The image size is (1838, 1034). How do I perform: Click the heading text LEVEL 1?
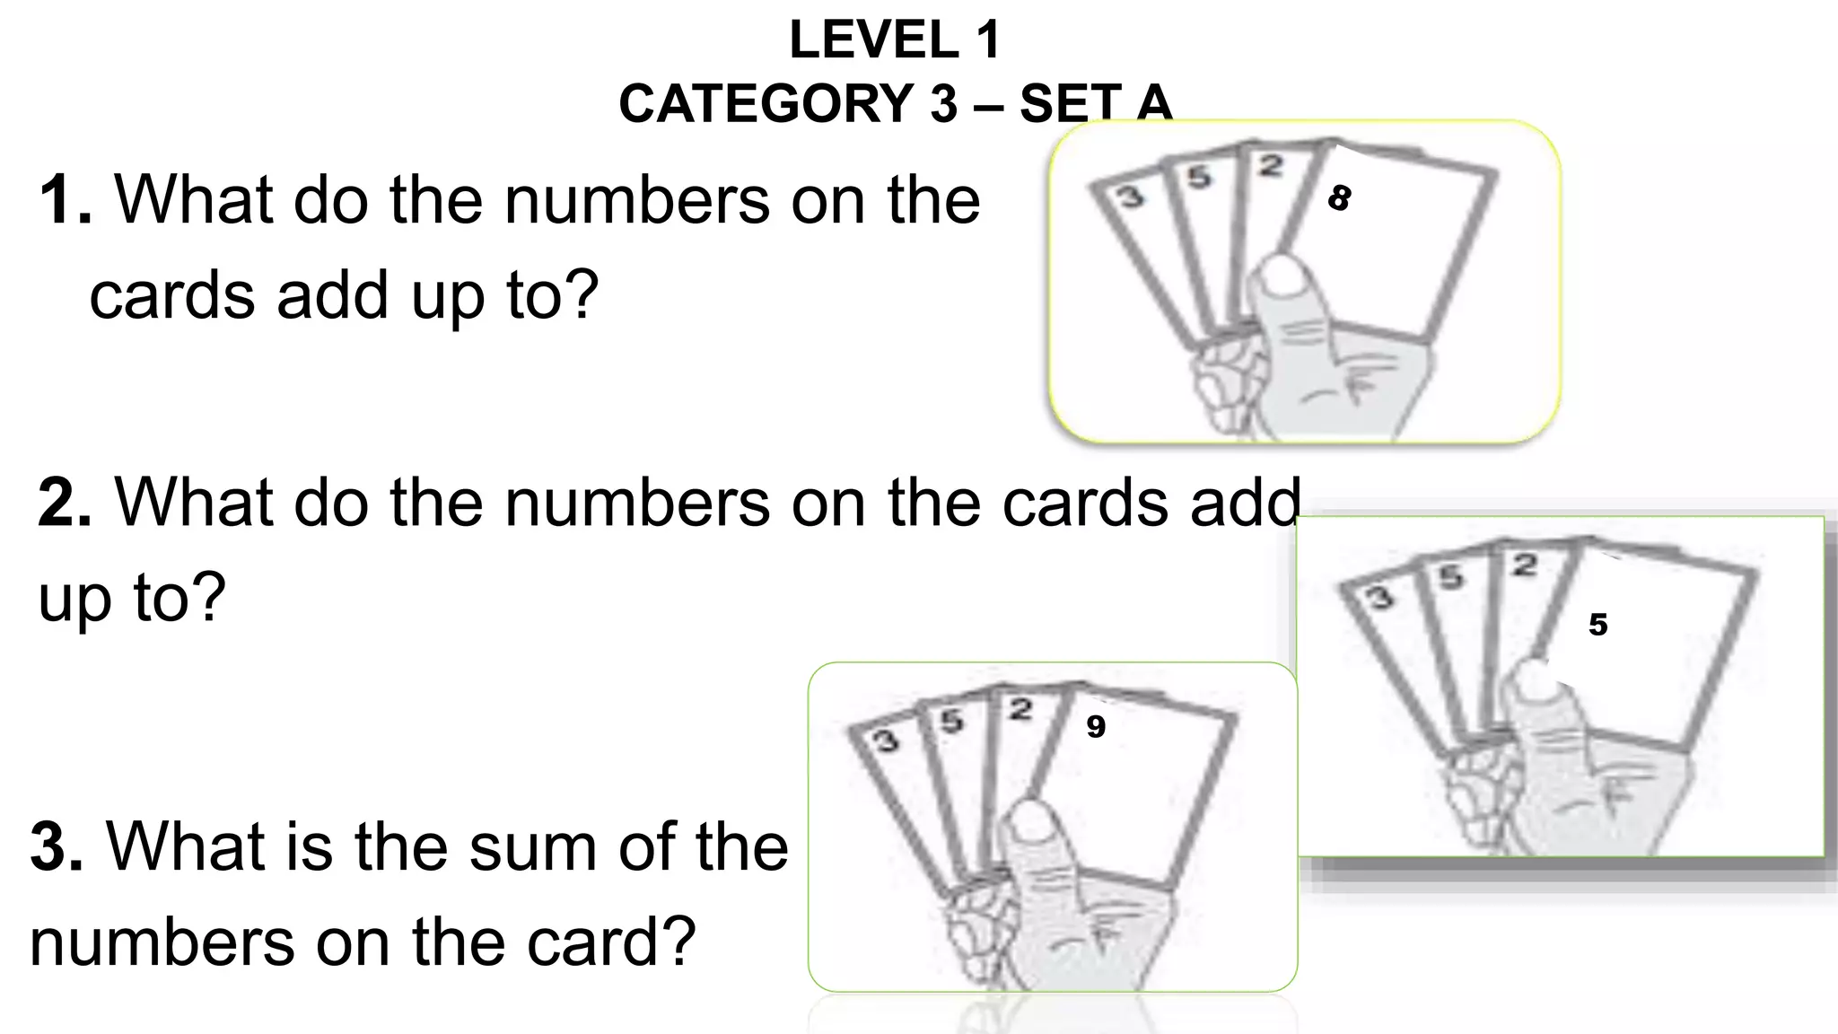pyautogui.click(x=894, y=40)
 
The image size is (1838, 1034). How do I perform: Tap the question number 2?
pyautogui.click(x=63, y=502)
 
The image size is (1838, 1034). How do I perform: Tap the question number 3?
pyautogui.click(x=56, y=846)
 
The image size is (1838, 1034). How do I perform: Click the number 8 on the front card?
pyautogui.click(x=1339, y=198)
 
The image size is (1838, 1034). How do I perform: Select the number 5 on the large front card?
pyautogui.click(x=1597, y=625)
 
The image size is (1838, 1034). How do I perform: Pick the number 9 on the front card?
pyautogui.click(x=1095, y=726)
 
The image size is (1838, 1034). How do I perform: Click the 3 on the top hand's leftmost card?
pyautogui.click(x=1130, y=197)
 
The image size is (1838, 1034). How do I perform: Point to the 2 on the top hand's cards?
pyautogui.click(x=1269, y=166)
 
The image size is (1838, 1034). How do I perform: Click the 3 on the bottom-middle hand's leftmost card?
pyautogui.click(x=886, y=740)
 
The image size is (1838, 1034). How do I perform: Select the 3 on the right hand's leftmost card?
pyautogui.click(x=1378, y=597)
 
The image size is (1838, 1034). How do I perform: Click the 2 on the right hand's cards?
pyautogui.click(x=1523, y=565)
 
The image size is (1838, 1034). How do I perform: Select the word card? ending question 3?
pyautogui.click(x=610, y=942)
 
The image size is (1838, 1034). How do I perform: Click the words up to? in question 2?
pyautogui.click(x=132, y=597)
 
